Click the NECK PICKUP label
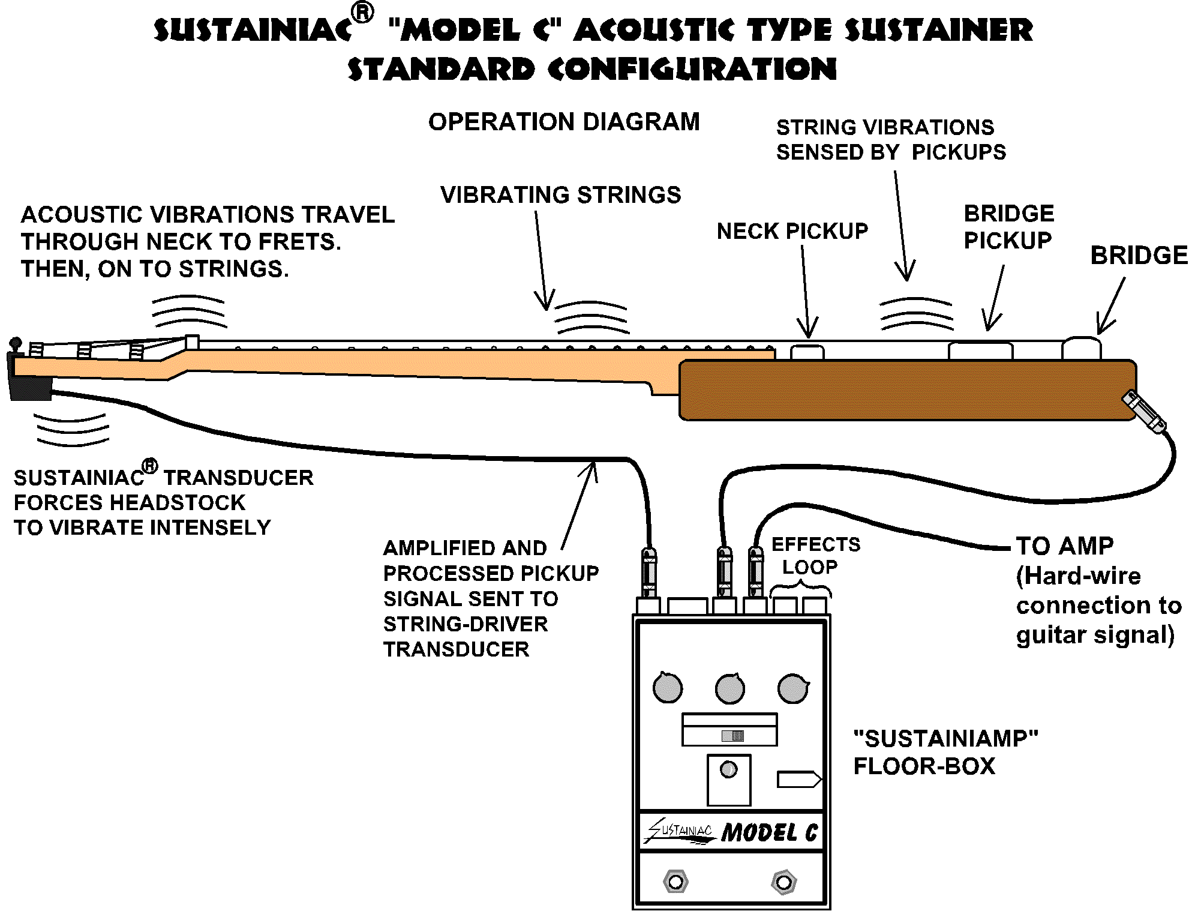tap(792, 231)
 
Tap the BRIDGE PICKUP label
tap(1008, 227)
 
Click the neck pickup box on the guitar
tap(807, 352)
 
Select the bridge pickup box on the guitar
tap(980, 350)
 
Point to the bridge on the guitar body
tap(1081, 349)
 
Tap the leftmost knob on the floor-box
tap(667, 688)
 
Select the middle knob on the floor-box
tap(730, 688)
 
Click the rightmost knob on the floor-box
tap(793, 688)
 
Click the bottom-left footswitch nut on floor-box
tap(676, 882)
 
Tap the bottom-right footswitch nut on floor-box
tap(783, 882)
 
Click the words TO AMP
tap(1065, 546)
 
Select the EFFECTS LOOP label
tap(815, 556)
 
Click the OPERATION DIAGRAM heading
tap(564, 122)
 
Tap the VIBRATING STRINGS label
tap(561, 195)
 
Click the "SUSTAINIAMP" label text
tap(945, 738)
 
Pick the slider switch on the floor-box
tap(732, 736)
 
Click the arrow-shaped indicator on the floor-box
tap(799, 779)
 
